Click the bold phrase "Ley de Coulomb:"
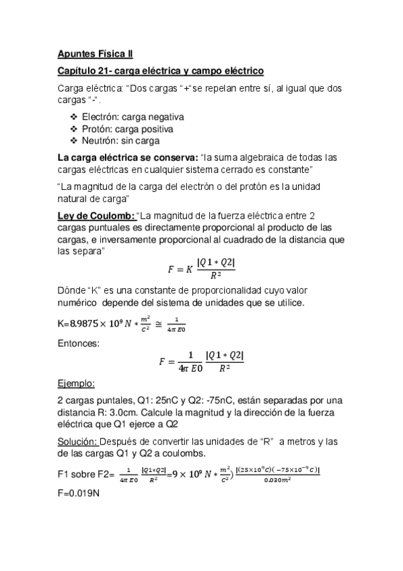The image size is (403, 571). pyautogui.click(x=96, y=215)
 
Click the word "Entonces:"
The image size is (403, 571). pyautogui.click(x=79, y=343)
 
